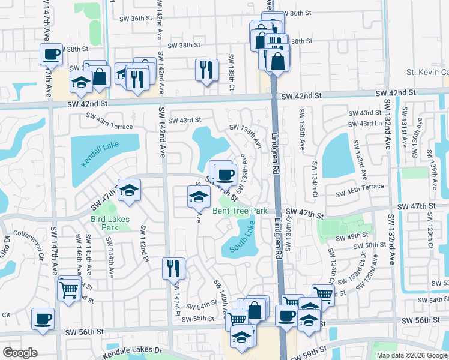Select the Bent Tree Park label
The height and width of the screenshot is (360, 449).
tap(240, 211)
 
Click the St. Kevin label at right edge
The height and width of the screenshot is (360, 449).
tap(427, 73)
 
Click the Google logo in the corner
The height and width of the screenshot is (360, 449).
tap(20, 353)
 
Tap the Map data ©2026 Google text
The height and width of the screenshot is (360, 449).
tap(411, 355)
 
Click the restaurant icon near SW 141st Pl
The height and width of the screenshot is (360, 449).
tap(173, 269)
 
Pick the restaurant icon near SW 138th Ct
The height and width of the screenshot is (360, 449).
tap(206, 70)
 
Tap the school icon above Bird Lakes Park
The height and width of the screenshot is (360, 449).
tap(129, 191)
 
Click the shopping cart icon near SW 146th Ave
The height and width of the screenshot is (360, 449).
tap(69, 290)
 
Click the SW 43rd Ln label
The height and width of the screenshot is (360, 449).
tap(370, 124)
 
